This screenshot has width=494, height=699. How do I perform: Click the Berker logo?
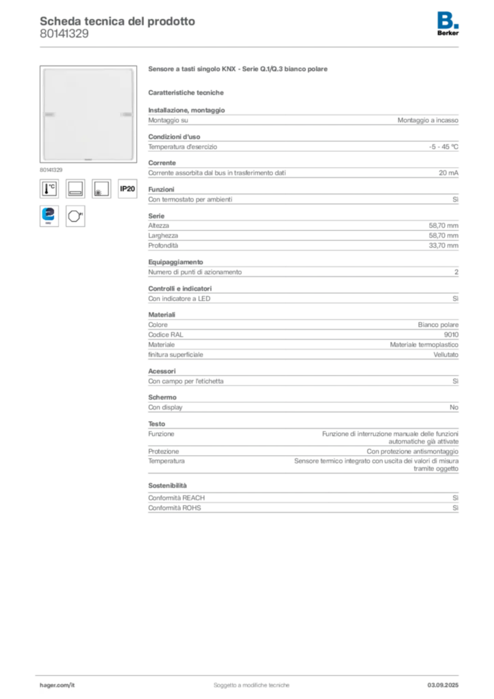point(448,24)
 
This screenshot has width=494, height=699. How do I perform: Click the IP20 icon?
point(128,188)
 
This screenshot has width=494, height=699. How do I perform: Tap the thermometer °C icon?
point(49,188)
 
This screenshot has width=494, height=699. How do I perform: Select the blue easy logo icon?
point(49,216)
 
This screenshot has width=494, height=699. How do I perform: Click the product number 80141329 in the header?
point(64,33)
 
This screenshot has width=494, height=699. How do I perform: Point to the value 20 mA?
point(448,173)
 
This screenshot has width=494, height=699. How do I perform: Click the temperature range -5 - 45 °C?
point(444,147)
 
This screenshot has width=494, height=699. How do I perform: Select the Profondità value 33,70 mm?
point(444,246)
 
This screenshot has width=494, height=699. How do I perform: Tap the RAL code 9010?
point(451,334)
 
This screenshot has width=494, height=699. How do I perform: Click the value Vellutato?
point(446,355)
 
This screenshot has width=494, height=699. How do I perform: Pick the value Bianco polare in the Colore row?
point(438,325)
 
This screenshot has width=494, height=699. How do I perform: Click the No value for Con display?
point(454,408)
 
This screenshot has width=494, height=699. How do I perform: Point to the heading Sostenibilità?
point(167,485)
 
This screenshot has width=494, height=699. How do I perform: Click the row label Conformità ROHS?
point(175,508)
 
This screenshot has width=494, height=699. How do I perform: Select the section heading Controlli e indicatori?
point(180,289)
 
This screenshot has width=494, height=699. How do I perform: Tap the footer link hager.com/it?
point(57,685)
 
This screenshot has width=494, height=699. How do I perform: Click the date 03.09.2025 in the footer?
point(443,685)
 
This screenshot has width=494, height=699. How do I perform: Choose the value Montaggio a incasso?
point(428,120)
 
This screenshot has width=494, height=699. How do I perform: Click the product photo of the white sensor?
point(88,114)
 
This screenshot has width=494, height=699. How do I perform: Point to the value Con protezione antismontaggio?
point(413,452)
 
